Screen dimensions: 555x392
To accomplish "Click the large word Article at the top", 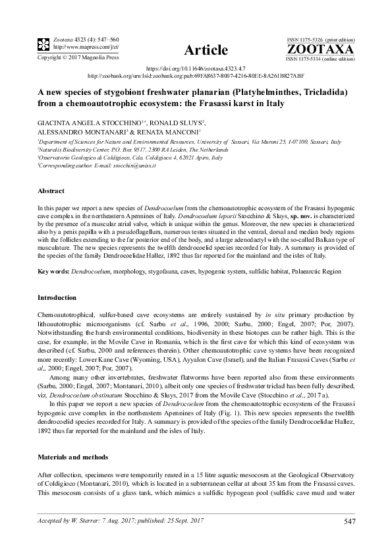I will pyautogui.click(x=206, y=50).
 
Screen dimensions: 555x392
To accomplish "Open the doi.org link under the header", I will pyautogui.click(x=195, y=69).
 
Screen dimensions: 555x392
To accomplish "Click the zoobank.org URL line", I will pyautogui.click(x=196, y=76).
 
